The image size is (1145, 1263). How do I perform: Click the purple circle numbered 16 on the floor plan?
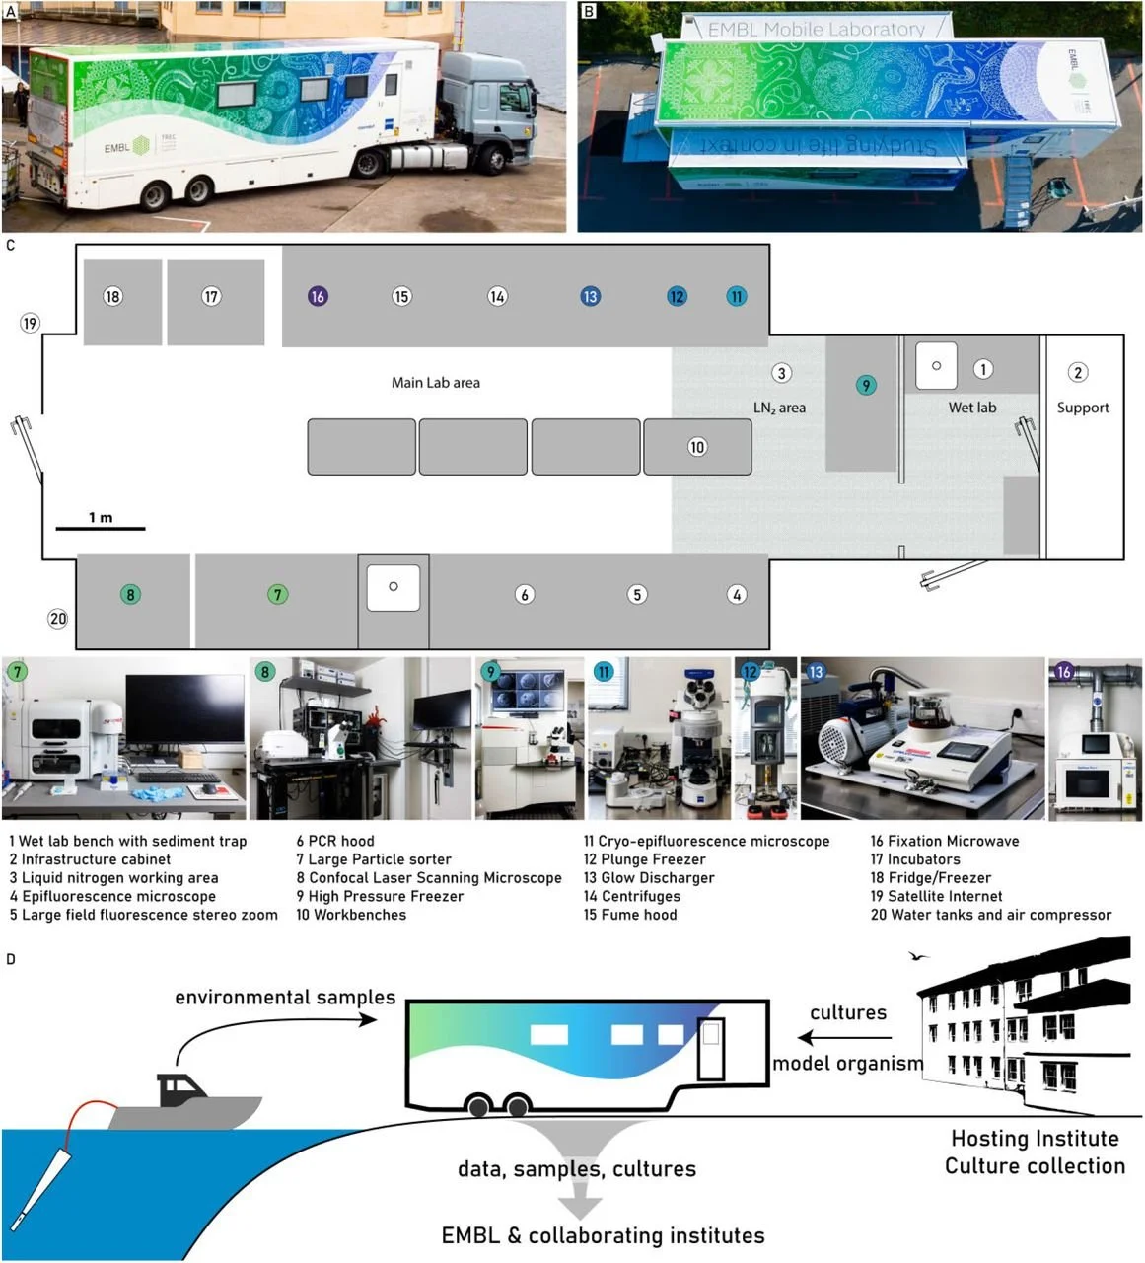318,296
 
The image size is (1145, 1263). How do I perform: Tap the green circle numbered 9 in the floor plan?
866,385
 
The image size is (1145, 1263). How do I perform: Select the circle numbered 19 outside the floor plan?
30,323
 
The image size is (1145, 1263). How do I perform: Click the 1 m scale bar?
101,528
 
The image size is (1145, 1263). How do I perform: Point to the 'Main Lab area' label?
435,382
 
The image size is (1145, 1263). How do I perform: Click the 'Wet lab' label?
971,407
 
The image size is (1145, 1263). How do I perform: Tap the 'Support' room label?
1082,407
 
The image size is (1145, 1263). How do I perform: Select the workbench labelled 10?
697,447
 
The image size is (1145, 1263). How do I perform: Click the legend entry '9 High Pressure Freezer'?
380,896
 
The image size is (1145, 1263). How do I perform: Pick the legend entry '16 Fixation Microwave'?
944,841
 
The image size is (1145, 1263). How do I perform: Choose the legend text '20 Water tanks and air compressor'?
990,915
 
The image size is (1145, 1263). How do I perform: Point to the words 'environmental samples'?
285,997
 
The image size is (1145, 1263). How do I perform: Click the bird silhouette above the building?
919,955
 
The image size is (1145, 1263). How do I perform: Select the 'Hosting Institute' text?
1035,1139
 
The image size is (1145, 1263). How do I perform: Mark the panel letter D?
11,959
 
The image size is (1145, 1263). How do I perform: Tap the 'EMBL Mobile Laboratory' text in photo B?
817,30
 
